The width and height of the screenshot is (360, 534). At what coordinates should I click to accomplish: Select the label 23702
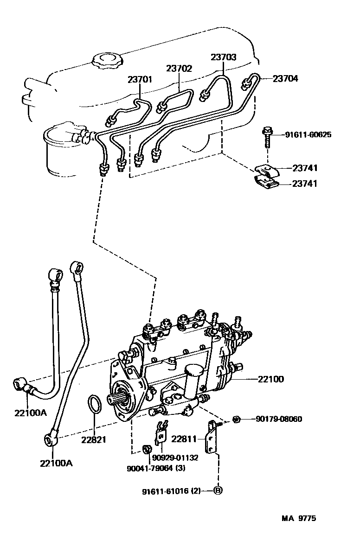click(179, 68)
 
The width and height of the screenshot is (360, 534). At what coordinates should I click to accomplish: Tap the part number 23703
click(223, 57)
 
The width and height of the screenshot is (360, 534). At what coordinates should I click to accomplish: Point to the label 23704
click(285, 78)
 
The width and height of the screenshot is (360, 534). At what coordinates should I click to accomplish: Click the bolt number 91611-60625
click(309, 135)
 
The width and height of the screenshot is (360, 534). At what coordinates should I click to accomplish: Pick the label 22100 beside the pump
click(271, 379)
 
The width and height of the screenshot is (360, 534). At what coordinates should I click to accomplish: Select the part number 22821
click(93, 439)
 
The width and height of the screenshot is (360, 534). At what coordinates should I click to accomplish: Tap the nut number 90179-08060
click(279, 419)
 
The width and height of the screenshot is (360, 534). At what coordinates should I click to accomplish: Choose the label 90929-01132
click(175, 458)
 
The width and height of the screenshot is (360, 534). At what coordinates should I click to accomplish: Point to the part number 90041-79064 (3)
click(156, 468)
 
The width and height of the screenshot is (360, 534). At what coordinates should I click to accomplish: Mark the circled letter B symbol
click(218, 490)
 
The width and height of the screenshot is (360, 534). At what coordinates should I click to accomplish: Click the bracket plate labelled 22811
click(212, 436)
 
